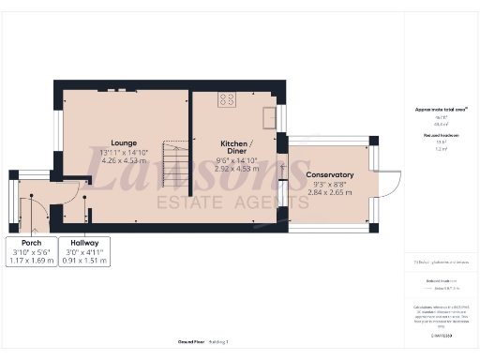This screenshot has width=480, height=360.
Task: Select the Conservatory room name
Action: [x=329, y=175]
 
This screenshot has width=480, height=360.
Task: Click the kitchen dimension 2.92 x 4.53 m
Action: [x=235, y=171]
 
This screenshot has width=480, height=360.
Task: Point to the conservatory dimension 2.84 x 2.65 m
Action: [x=329, y=194]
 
